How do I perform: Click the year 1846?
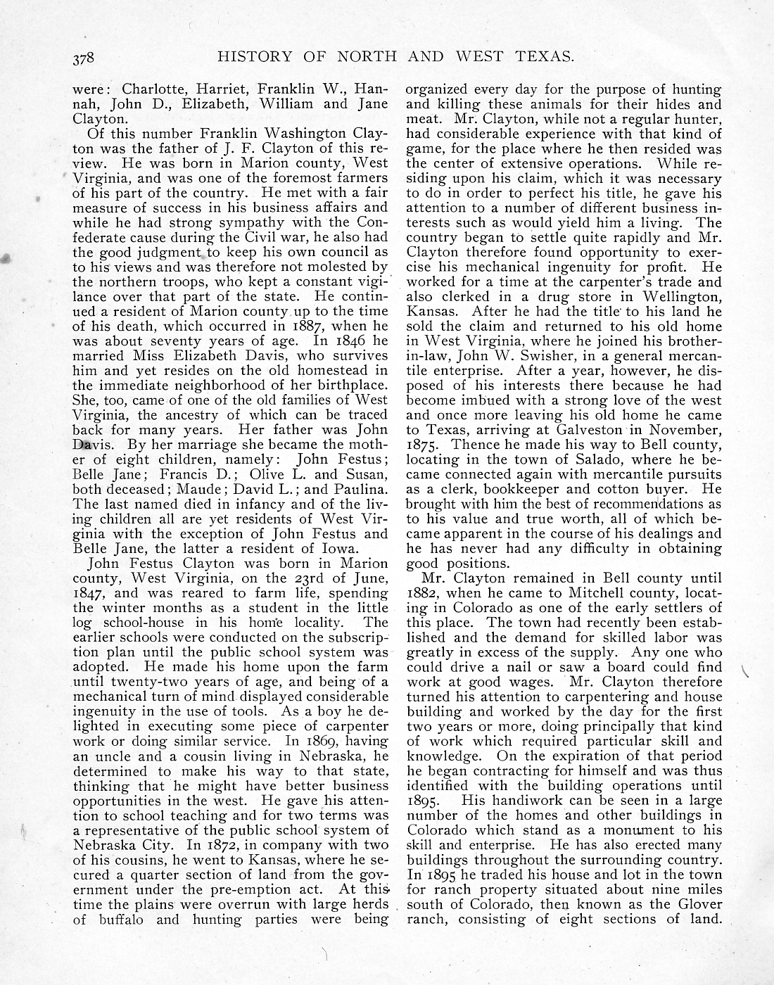point(348,341)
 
